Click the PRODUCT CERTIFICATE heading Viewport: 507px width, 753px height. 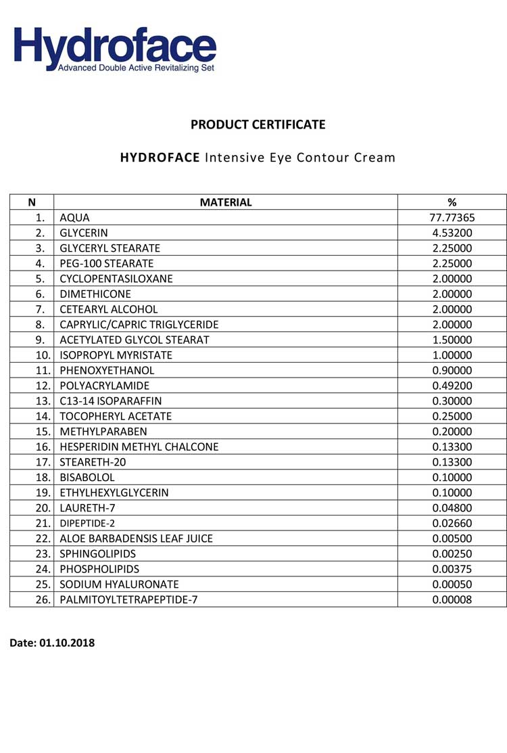click(x=258, y=124)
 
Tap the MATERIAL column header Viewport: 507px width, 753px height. click(x=226, y=202)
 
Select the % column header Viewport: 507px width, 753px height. click(x=452, y=202)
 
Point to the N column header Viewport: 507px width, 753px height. click(x=32, y=202)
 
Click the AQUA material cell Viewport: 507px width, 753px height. click(x=74, y=218)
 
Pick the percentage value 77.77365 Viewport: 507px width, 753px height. click(x=452, y=218)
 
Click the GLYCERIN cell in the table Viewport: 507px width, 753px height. click(x=84, y=233)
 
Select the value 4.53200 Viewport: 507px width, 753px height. click(x=452, y=233)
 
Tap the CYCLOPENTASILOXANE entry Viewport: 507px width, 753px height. click(x=116, y=279)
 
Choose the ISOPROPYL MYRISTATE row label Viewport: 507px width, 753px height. click(x=116, y=355)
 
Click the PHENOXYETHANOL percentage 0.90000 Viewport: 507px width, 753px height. click(x=452, y=371)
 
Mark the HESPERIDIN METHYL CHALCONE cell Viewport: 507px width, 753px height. click(x=139, y=447)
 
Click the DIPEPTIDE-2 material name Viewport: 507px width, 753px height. click(x=88, y=524)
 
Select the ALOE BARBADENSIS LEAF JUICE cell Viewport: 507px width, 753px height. click(x=137, y=539)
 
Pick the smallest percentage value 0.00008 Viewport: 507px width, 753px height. click(x=452, y=600)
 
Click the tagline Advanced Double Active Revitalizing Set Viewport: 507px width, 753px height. click(x=136, y=68)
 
